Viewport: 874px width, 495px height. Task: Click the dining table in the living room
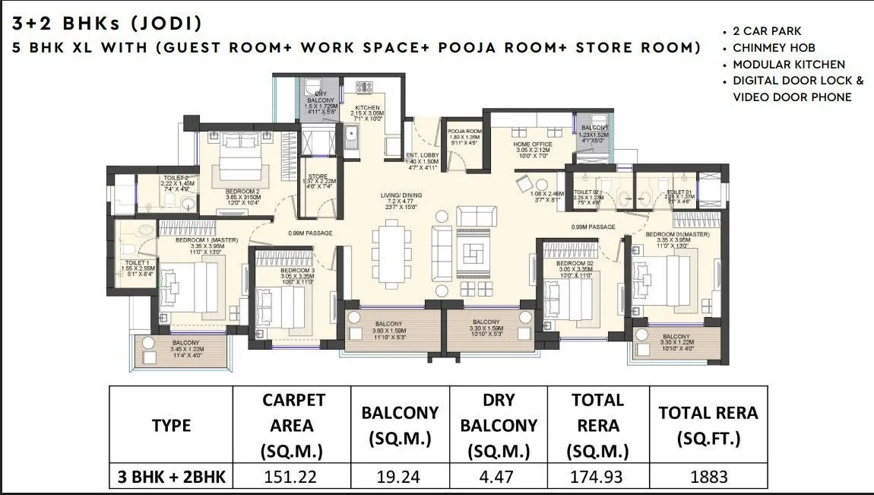click(393, 251)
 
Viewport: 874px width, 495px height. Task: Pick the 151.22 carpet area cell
click(293, 478)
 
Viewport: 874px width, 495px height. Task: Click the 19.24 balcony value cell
click(400, 478)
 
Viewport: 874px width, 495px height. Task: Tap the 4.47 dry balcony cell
click(499, 478)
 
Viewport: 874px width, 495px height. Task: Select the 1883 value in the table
click(708, 478)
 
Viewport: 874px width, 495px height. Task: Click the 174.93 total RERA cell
click(599, 478)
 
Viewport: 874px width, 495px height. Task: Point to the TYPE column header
click(171, 425)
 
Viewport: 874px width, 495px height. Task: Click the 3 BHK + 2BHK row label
click(171, 478)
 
